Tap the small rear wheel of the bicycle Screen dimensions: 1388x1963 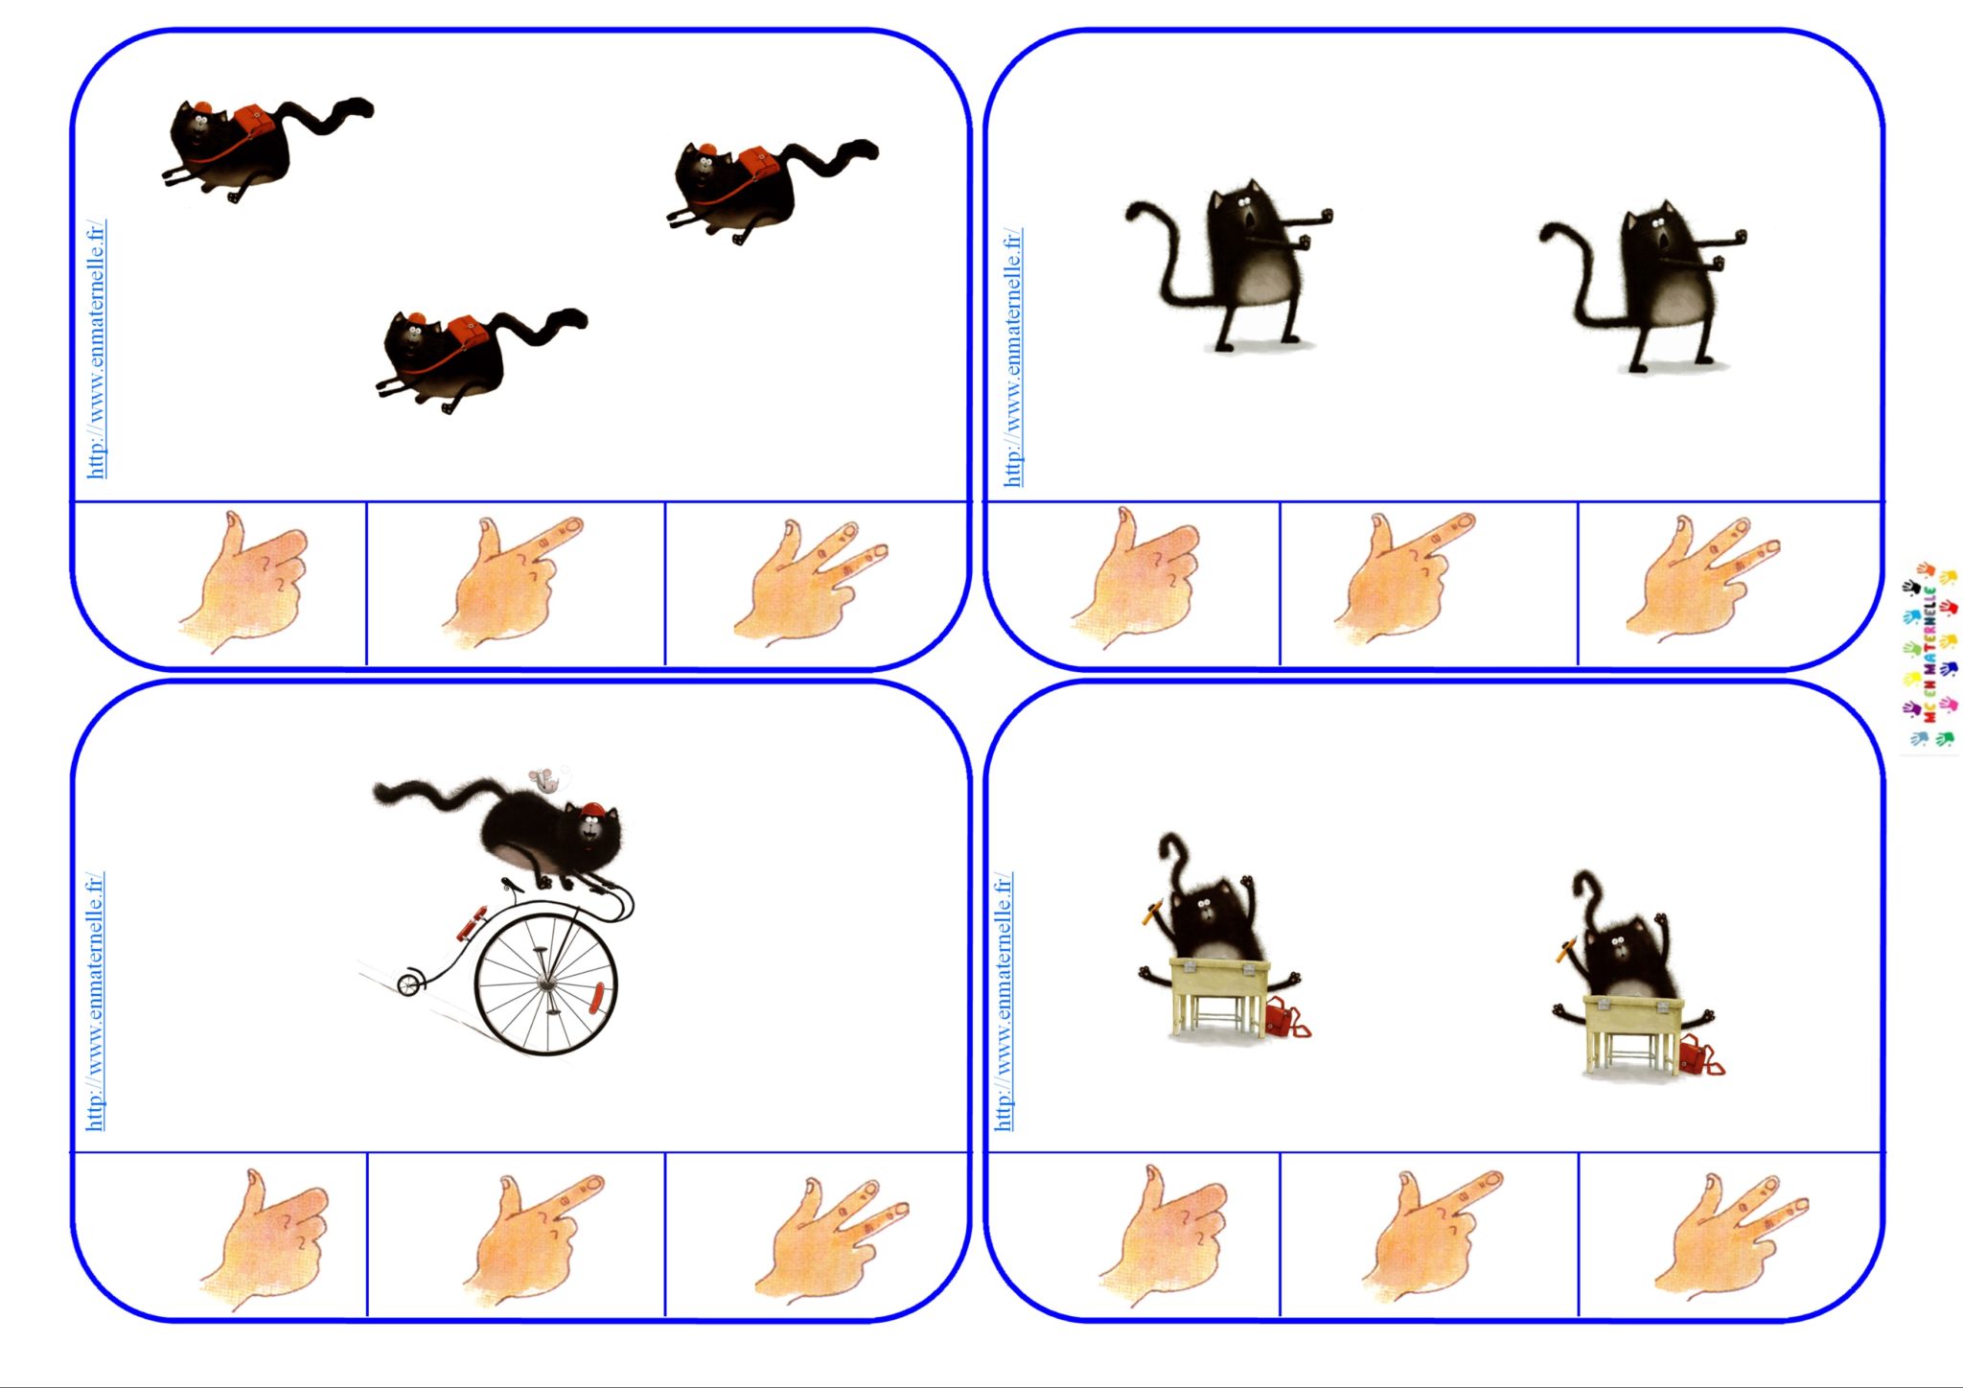pyautogui.click(x=410, y=983)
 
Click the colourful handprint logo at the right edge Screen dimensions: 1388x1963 pyautogui.click(x=1929, y=656)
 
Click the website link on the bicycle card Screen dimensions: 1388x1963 pyautogui.click(x=95, y=1001)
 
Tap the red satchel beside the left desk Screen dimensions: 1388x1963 pyautogui.click(x=1284, y=1019)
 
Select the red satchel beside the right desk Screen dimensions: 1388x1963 pyautogui.click(x=1697, y=1057)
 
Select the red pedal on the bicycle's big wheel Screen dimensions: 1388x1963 pyautogui.click(x=597, y=997)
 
